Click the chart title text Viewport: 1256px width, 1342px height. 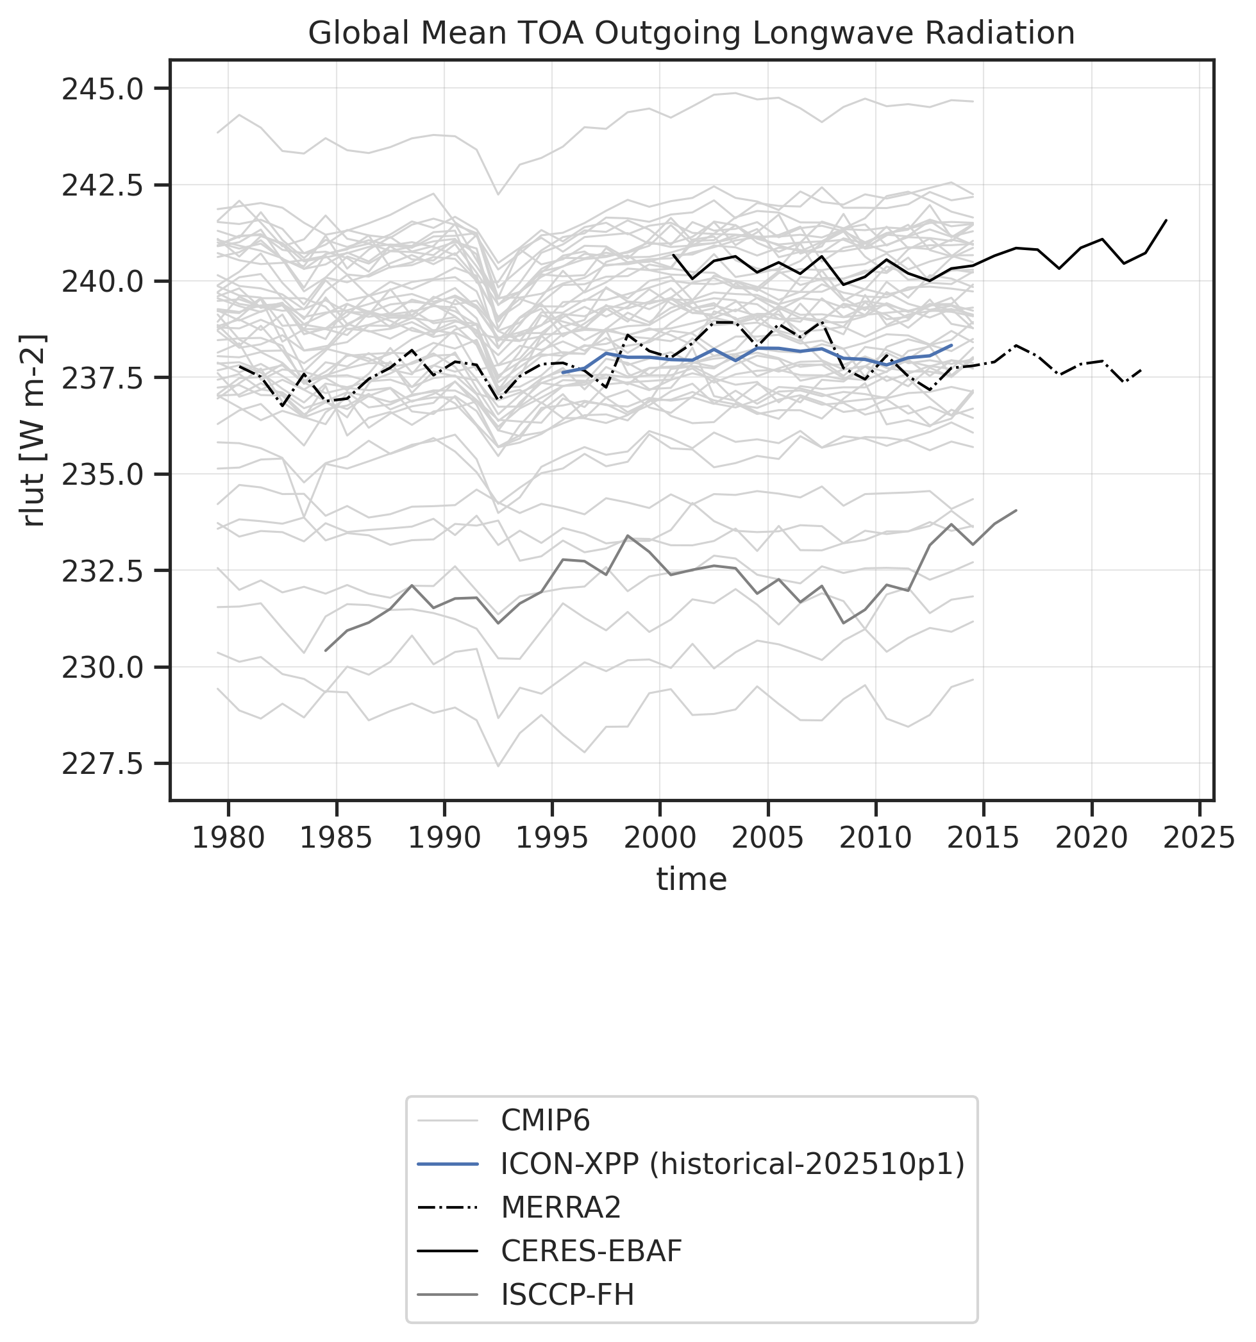click(x=691, y=33)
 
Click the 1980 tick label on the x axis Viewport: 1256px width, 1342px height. click(x=228, y=839)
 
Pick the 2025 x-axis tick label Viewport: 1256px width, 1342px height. click(x=1199, y=839)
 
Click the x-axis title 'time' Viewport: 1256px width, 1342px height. click(x=691, y=880)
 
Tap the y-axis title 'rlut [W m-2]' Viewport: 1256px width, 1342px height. click(x=33, y=430)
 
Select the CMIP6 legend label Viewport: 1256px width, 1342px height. click(x=544, y=1121)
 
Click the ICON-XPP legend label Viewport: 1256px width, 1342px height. click(x=732, y=1164)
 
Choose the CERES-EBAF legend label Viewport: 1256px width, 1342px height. click(x=591, y=1251)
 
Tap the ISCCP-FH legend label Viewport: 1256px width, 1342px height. click(x=567, y=1295)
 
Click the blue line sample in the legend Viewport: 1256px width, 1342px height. click(x=448, y=1164)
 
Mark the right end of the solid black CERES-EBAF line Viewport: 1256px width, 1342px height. click(x=1166, y=220)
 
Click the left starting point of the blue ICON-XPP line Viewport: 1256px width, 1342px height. click(x=562, y=372)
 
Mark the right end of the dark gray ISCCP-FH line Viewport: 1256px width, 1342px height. click(x=1016, y=510)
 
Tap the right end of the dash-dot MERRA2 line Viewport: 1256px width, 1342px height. click(x=1141, y=370)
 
